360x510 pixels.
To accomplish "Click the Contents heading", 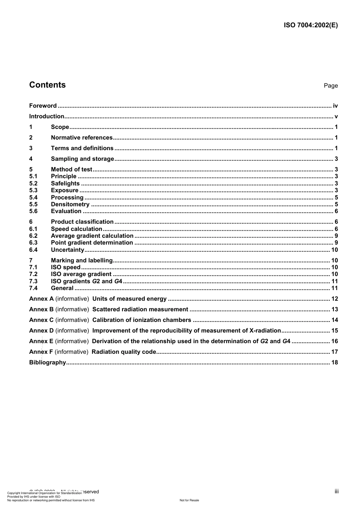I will (47, 85).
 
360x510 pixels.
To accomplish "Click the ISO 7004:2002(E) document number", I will (311, 25).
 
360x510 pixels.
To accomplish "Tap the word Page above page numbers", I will (330, 86).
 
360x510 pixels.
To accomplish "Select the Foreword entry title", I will (43, 106).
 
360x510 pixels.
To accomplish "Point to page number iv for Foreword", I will (335, 106).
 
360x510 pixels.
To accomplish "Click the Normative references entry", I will (82, 138).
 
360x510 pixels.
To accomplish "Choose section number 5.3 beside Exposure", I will (33, 190).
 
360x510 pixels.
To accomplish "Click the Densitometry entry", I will (70, 204).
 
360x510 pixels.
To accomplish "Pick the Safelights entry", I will (65, 184).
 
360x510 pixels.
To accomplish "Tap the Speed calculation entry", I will (77, 229).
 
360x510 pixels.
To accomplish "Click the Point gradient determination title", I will (92, 243).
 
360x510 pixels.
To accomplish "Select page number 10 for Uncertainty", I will (334, 250).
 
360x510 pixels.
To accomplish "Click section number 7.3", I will (33, 281).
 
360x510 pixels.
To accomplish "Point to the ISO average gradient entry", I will (81, 274).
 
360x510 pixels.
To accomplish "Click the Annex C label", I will (41, 320).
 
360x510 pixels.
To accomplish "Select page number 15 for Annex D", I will (334, 331).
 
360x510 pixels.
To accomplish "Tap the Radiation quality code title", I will (124, 352).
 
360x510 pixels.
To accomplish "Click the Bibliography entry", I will (47, 362).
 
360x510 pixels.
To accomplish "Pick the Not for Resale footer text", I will (189, 500).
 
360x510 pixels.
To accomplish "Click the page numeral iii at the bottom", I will (337, 491).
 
